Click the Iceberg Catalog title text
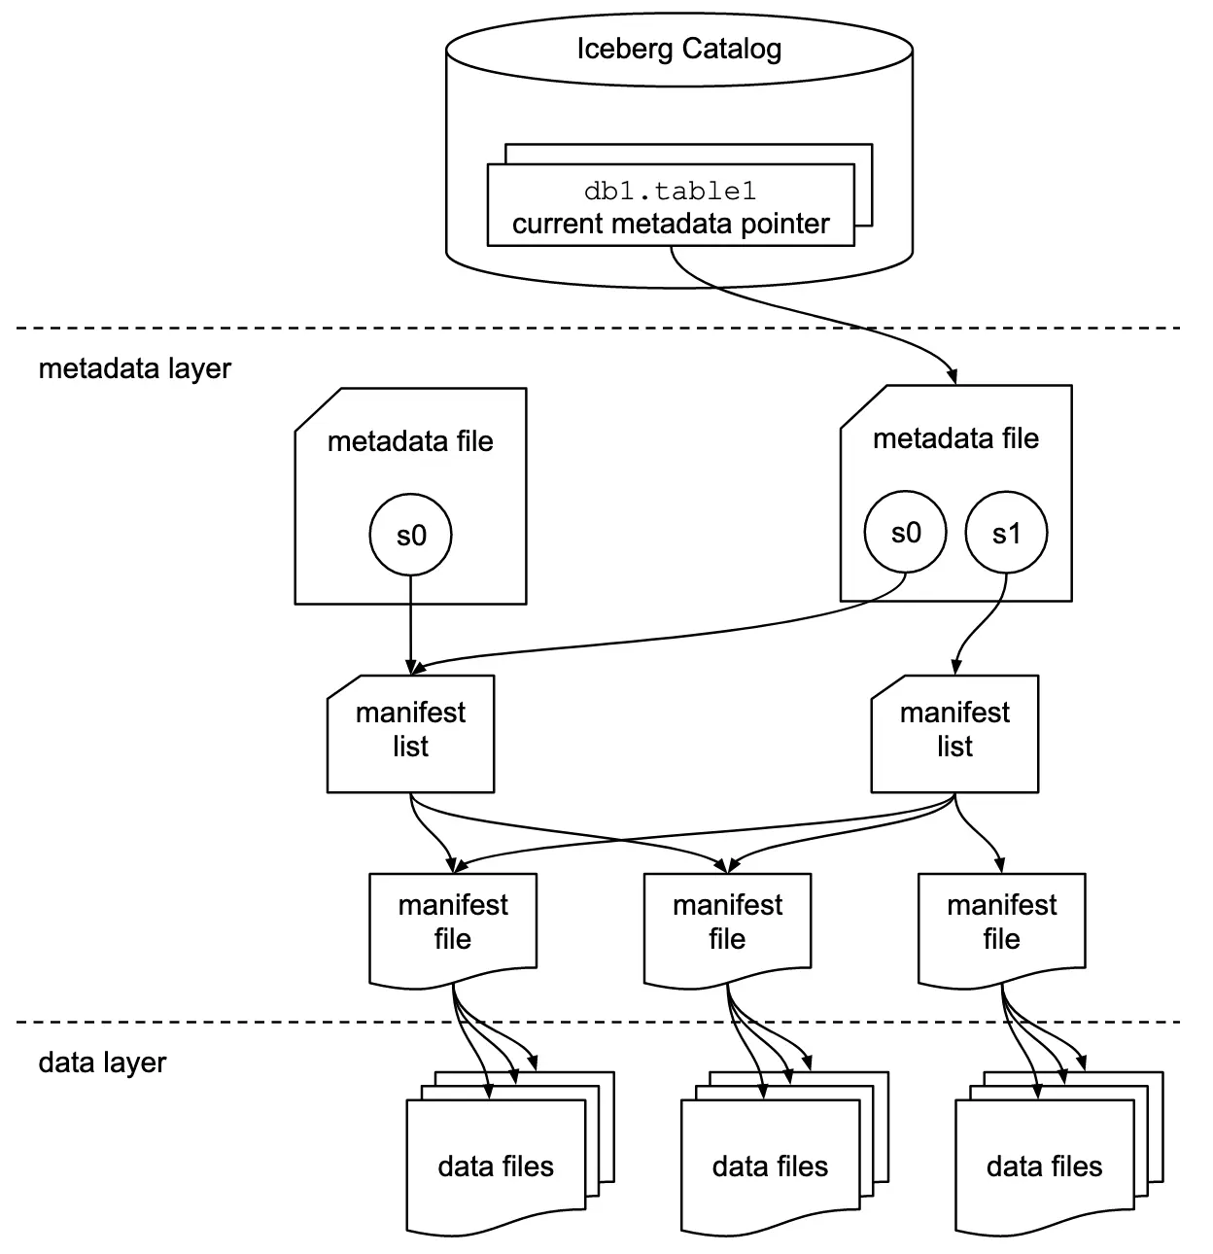[x=678, y=49]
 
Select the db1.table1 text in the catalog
[x=670, y=191]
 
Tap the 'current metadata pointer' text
[x=670, y=224]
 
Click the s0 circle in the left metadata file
[x=411, y=536]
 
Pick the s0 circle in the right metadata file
[x=905, y=533]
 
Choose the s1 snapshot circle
[x=1006, y=533]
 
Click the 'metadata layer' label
[x=134, y=369]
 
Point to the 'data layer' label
[x=102, y=1062]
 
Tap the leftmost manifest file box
[x=453, y=923]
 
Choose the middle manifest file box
[x=727, y=923]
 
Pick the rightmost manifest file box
[x=1001, y=923]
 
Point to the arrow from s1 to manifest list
[x=977, y=632]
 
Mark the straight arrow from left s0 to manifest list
[x=411, y=622]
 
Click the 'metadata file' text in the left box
[x=410, y=441]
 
